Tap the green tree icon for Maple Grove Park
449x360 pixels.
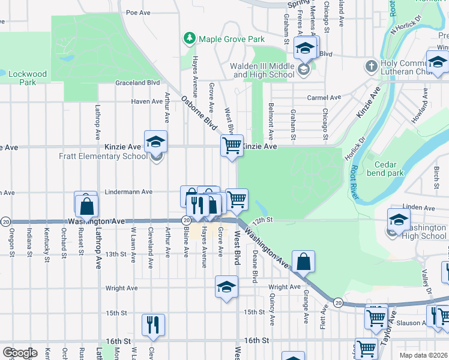tap(190, 39)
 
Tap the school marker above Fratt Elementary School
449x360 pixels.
tap(156, 142)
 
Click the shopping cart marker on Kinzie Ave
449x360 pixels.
tap(232, 145)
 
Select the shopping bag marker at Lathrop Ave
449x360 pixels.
tap(86, 205)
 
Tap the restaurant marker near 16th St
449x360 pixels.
tap(154, 325)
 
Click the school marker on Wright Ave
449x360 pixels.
tap(226, 287)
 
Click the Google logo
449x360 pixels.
tap(19, 353)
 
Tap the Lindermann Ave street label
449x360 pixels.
tap(128, 192)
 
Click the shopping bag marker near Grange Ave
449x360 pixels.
tap(304, 262)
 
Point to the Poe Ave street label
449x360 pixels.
tap(137, 12)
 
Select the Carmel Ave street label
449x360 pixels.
tap(324, 97)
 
